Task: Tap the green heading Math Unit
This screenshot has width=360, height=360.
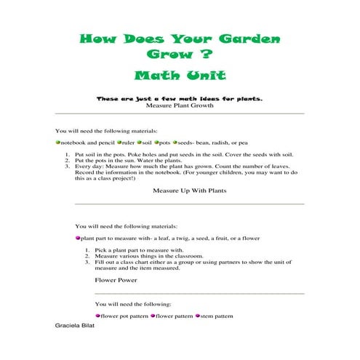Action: click(x=180, y=75)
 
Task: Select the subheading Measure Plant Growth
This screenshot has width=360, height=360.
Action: click(x=180, y=105)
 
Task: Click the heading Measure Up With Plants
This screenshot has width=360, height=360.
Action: click(x=189, y=191)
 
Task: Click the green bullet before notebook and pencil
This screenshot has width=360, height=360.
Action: click(x=57, y=143)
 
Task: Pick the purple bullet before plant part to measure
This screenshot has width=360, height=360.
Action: click(x=78, y=238)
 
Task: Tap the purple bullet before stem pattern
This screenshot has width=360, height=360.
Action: click(x=197, y=316)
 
